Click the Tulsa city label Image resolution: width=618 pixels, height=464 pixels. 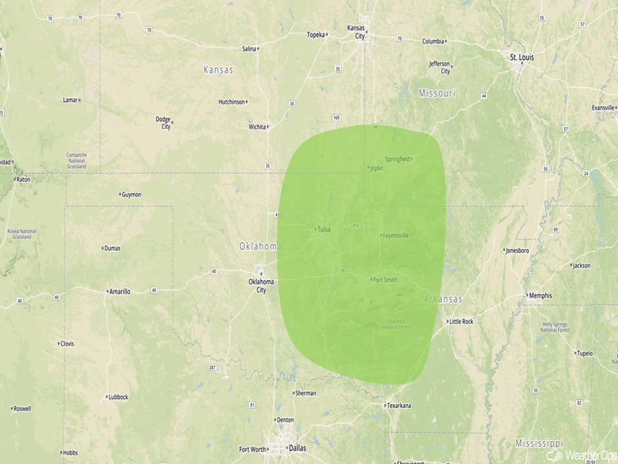[323, 230]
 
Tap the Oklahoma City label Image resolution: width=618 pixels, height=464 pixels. [261, 286]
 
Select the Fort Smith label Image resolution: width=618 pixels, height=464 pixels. [385, 280]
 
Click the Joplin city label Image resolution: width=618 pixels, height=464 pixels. [376, 168]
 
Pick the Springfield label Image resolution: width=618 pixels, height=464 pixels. [397, 159]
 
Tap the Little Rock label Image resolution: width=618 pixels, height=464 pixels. [460, 322]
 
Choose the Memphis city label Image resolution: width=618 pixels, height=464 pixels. [540, 296]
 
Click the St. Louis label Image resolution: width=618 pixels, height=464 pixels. [522, 57]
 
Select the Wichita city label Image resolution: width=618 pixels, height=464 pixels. [257, 126]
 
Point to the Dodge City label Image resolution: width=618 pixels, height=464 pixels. [163, 123]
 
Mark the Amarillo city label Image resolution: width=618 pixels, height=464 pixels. [119, 291]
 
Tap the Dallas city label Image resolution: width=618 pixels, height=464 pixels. [297, 448]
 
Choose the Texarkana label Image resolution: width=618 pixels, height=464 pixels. [398, 405]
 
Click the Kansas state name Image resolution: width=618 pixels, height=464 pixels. [218, 70]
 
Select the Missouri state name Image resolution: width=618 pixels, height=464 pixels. [437, 93]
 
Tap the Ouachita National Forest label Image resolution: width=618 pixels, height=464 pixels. [400, 324]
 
